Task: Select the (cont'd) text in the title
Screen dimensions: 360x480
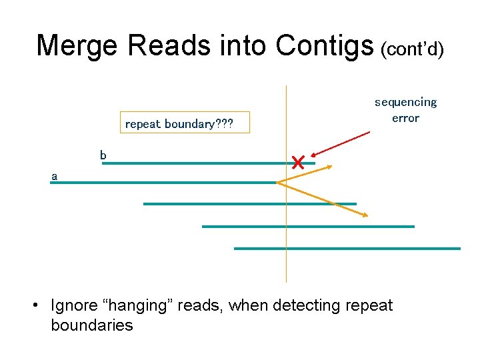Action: click(412, 48)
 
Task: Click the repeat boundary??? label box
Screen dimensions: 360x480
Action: click(179, 123)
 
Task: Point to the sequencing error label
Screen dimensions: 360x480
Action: click(405, 110)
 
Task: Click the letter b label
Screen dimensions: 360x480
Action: click(103, 155)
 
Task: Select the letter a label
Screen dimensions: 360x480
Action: click(55, 177)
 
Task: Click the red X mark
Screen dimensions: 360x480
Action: click(297, 162)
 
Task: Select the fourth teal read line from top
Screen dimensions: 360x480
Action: click(307, 227)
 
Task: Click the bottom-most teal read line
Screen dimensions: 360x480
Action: click(347, 249)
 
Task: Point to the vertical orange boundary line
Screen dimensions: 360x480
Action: click(286, 267)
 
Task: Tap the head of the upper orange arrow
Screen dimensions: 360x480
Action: click(329, 167)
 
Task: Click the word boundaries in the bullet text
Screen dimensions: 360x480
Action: click(91, 325)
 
